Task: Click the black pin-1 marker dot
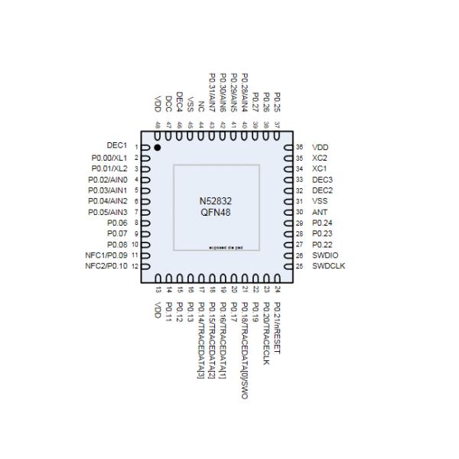(x=158, y=146)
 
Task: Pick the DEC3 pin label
(x=322, y=178)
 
